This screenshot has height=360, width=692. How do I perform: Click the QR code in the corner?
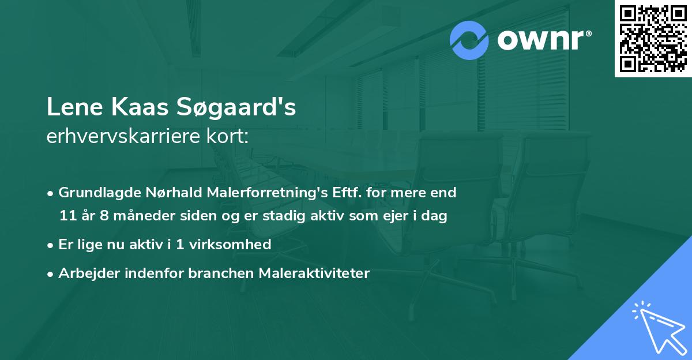click(652, 39)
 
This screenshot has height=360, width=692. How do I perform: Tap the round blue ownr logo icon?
click(470, 40)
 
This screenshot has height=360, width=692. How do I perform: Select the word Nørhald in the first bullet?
click(163, 193)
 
